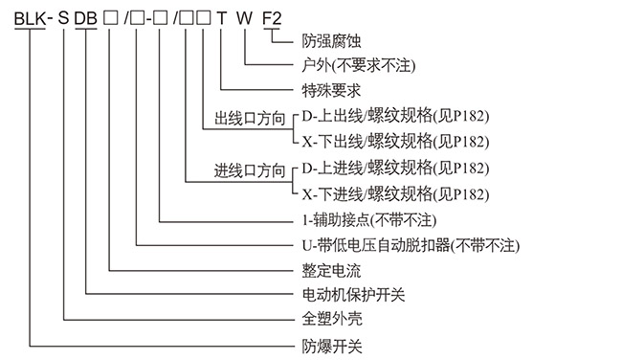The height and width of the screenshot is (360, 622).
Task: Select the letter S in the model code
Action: tap(64, 18)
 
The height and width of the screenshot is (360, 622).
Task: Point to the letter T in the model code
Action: tap(222, 18)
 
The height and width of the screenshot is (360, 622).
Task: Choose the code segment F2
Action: tap(273, 18)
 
